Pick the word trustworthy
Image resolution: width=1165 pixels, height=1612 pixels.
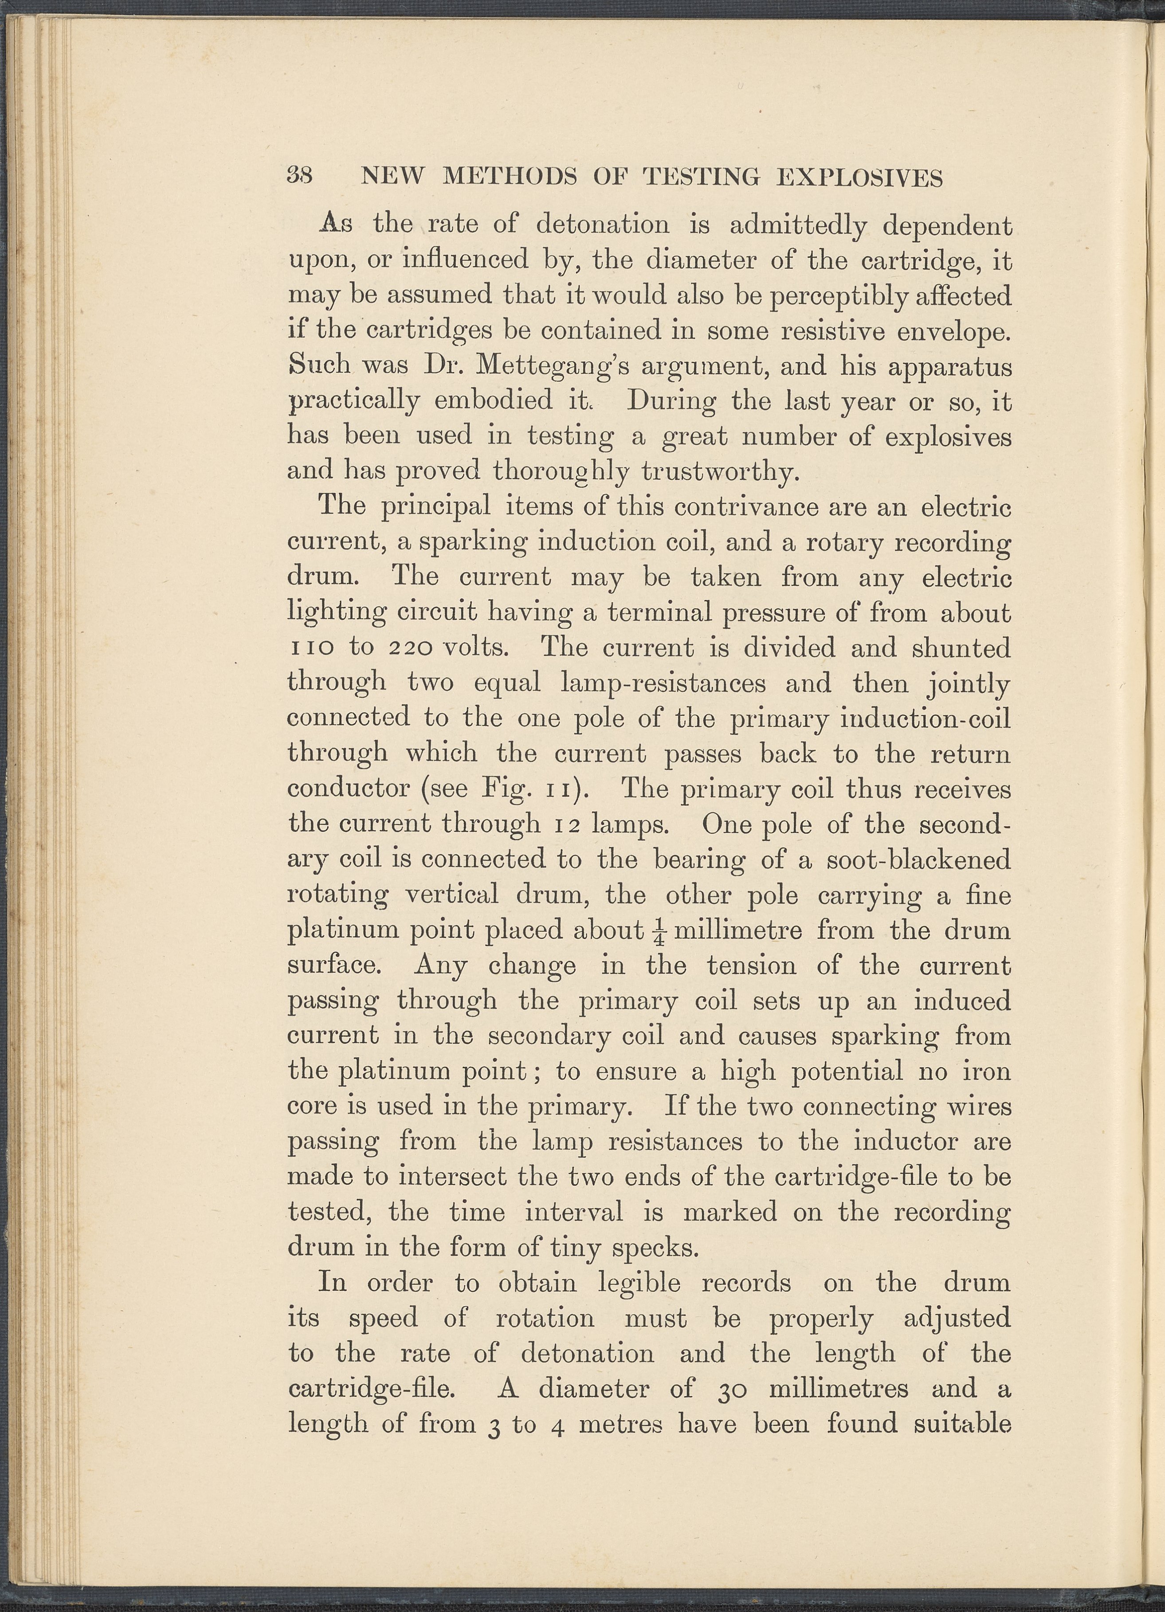724,472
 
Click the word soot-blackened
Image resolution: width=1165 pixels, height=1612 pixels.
918,859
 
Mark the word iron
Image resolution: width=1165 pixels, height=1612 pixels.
985,1071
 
